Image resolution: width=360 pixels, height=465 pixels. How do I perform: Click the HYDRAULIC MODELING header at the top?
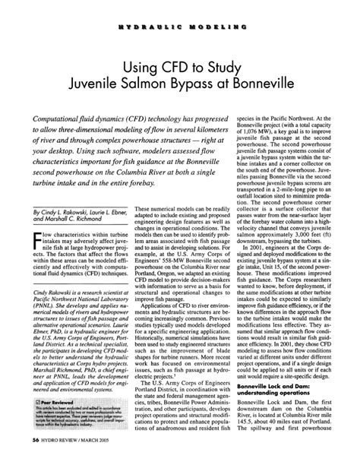(179, 26)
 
